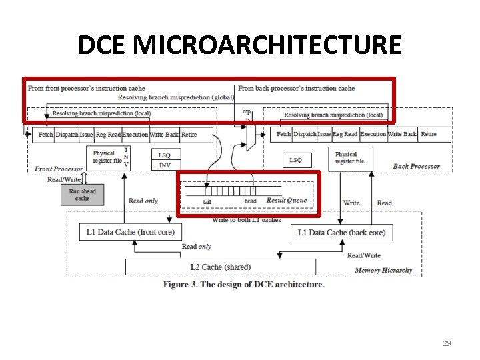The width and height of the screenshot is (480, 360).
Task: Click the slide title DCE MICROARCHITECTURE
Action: tap(240, 45)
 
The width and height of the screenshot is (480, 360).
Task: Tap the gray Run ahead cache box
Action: tap(82, 195)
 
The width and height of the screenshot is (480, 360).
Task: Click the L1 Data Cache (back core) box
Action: tap(341, 232)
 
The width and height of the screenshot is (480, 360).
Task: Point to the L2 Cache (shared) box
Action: tap(221, 267)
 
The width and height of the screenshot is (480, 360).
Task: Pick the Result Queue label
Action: tap(287, 200)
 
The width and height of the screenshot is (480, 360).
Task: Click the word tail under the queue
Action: tap(207, 201)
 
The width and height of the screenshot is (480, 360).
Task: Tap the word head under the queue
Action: tap(250, 201)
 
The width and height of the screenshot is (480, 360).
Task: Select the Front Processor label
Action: tap(59, 169)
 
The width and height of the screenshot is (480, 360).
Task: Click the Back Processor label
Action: tap(416, 166)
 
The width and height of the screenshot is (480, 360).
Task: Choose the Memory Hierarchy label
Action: tap(383, 270)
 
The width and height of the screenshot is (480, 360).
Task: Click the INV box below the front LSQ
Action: tap(165, 165)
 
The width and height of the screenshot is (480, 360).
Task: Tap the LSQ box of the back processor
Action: tap(295, 160)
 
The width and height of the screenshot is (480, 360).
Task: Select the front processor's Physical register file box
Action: tap(107, 157)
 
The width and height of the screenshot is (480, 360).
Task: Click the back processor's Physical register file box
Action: tap(349, 158)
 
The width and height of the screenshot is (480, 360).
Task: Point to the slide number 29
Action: tap(447, 343)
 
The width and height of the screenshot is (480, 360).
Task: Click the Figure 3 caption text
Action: tap(244, 285)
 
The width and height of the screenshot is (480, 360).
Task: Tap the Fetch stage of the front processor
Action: tap(45, 135)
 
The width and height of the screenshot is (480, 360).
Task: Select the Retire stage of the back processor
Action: tap(429, 134)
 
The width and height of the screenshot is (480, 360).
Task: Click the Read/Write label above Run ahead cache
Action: tap(64, 179)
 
